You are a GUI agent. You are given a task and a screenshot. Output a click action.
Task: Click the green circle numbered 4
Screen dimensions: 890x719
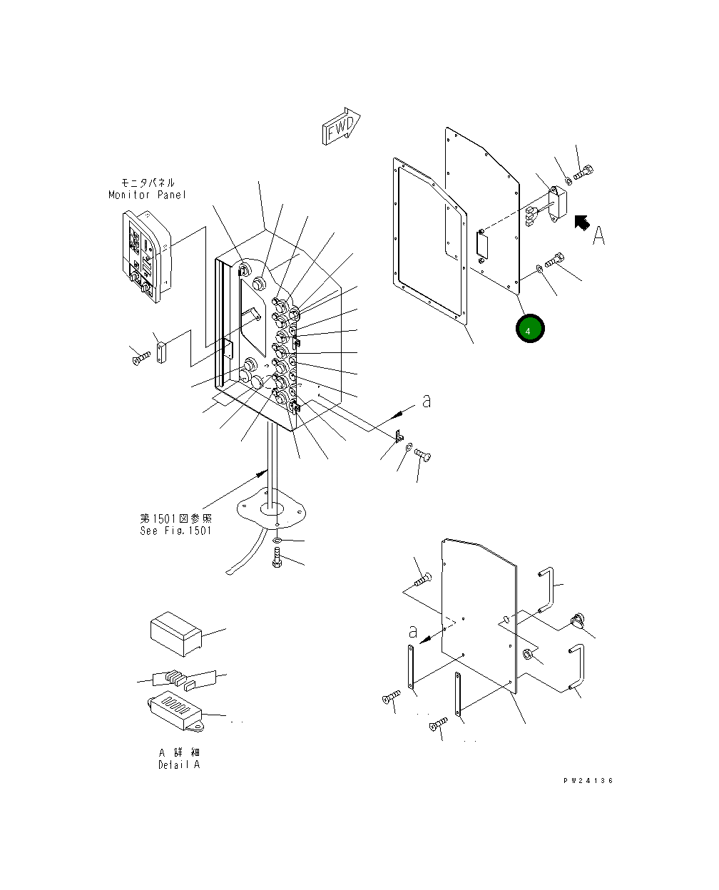pyautogui.click(x=529, y=330)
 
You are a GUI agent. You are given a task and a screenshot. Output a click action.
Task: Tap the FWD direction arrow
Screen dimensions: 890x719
pyautogui.click(x=342, y=128)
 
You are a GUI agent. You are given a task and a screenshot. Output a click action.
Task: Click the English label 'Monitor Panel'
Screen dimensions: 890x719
pyautogui.click(x=147, y=195)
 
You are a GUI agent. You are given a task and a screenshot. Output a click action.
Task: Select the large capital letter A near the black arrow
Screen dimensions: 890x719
pyautogui.click(x=599, y=235)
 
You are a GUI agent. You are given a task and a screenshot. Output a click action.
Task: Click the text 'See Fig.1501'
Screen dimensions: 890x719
pyautogui.click(x=175, y=531)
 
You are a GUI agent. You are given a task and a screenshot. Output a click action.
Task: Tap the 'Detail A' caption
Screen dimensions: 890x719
pyautogui.click(x=179, y=764)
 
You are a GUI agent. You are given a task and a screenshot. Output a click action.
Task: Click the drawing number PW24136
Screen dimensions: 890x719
pyautogui.click(x=588, y=781)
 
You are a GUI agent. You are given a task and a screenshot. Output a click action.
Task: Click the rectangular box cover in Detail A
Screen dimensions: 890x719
pyautogui.click(x=175, y=633)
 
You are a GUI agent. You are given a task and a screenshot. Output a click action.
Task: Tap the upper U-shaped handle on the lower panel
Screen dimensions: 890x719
pyautogui.click(x=545, y=588)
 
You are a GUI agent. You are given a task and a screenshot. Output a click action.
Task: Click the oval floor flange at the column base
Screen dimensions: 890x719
pyautogui.click(x=272, y=508)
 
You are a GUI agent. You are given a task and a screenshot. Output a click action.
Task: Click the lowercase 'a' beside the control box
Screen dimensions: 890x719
pyautogui.click(x=427, y=401)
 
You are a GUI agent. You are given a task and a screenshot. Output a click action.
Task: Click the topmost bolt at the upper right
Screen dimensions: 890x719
pyautogui.click(x=583, y=171)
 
